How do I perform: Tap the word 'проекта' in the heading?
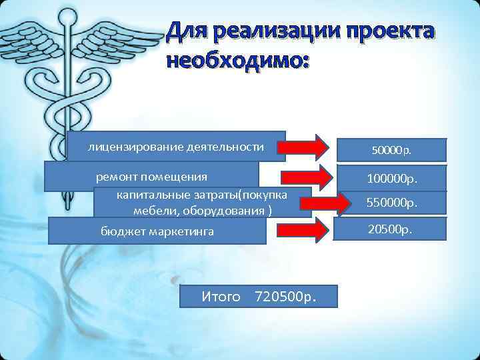[x=394, y=33]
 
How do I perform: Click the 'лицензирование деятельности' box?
[x=176, y=147]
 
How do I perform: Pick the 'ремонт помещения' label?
[x=152, y=177]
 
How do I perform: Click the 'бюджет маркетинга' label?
[x=157, y=231]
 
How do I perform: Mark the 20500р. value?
[x=390, y=229]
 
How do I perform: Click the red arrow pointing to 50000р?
[x=308, y=146]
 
